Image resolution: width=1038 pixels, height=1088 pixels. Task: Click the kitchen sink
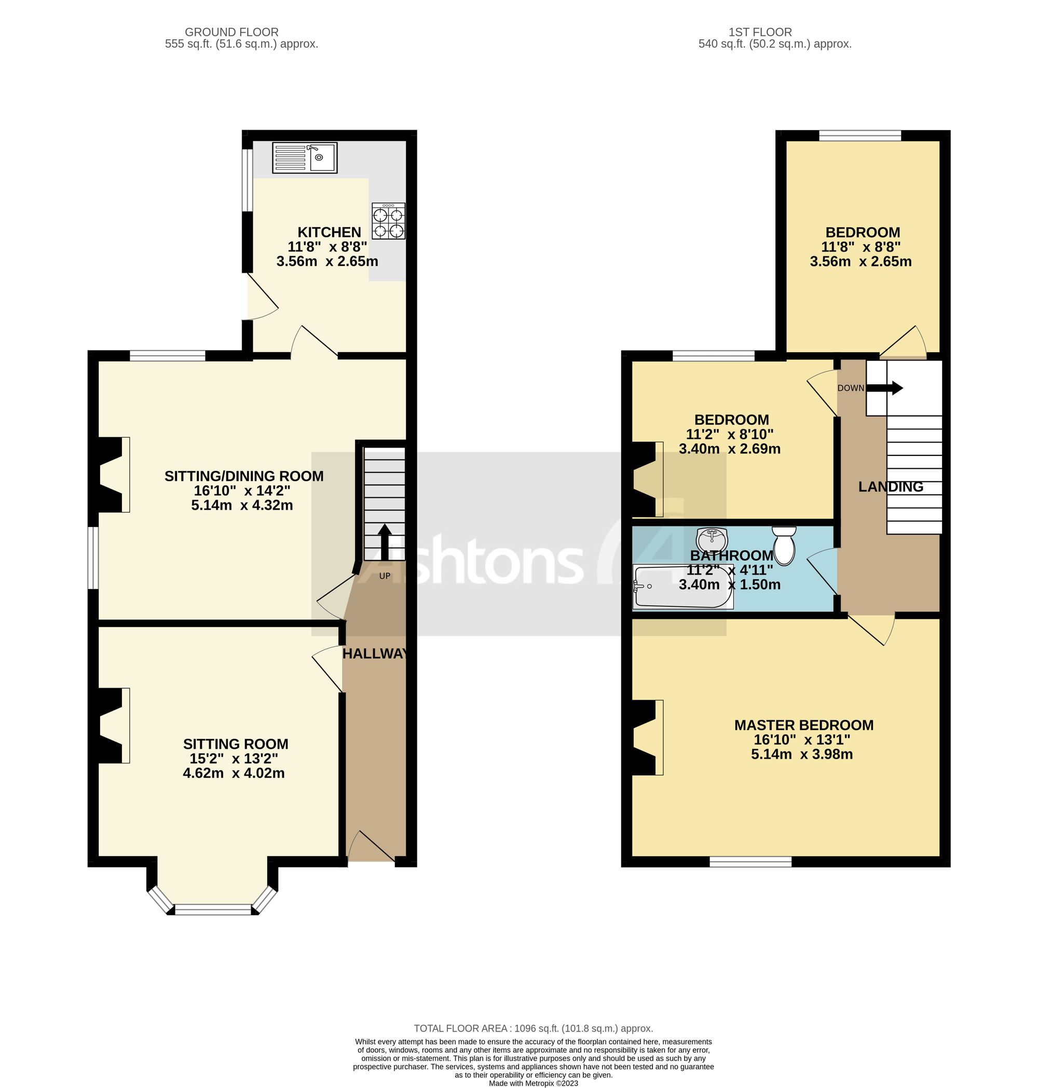pyautogui.click(x=304, y=158)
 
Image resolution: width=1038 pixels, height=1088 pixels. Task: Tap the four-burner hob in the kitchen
pyautogui.click(x=388, y=221)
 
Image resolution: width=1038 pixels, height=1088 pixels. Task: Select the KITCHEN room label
pyautogui.click(x=329, y=232)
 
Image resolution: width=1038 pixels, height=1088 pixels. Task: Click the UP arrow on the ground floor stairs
pyautogui.click(x=385, y=542)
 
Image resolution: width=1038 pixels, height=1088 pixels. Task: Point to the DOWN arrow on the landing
pyautogui.click(x=884, y=388)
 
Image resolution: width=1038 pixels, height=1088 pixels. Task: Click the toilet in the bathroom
pyautogui.click(x=784, y=545)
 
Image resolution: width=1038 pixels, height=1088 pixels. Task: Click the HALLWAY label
pyautogui.click(x=375, y=654)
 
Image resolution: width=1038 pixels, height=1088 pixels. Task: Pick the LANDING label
pyautogui.click(x=891, y=486)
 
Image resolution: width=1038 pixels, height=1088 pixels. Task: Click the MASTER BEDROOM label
pyautogui.click(x=804, y=725)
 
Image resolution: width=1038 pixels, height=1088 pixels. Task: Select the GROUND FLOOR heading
pyautogui.click(x=232, y=32)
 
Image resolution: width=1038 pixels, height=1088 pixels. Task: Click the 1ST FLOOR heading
pyautogui.click(x=760, y=32)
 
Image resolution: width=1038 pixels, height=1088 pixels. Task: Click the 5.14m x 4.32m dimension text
pyautogui.click(x=242, y=505)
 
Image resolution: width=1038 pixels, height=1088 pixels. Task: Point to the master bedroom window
pyautogui.click(x=751, y=861)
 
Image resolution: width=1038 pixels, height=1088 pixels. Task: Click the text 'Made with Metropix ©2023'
pyautogui.click(x=534, y=1083)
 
